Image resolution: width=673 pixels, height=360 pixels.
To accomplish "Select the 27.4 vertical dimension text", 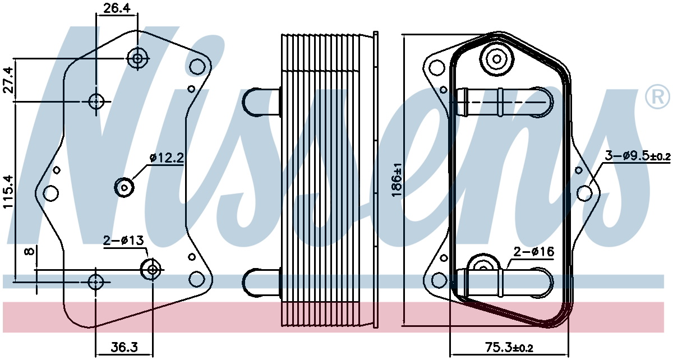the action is click(x=9, y=80).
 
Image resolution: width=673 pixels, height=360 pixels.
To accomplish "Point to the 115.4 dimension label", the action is click(x=9, y=192).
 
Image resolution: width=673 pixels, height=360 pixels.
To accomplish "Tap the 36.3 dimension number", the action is click(x=125, y=347).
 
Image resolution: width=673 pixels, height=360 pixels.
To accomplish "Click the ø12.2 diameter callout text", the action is click(x=167, y=158).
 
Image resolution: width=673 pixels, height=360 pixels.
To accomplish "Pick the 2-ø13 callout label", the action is click(x=124, y=241).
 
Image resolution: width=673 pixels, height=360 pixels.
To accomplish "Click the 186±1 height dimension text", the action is click(x=397, y=180).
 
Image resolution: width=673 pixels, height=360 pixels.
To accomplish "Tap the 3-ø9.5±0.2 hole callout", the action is click(x=638, y=156).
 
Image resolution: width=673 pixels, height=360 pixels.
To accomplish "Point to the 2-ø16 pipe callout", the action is click(x=533, y=252).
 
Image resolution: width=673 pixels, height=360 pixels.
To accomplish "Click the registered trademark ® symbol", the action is click(x=657, y=96).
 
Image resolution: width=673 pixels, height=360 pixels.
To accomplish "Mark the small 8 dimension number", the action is click(x=30, y=251).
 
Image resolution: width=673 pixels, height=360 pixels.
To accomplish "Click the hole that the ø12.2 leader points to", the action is click(x=124, y=187).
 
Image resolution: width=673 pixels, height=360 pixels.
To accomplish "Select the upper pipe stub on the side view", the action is click(x=261, y=102).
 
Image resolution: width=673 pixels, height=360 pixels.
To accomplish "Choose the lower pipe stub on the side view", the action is click(x=261, y=283).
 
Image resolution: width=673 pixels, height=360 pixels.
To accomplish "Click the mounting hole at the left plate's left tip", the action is click(x=51, y=193).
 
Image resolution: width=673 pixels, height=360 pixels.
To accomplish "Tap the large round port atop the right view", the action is click(x=497, y=59).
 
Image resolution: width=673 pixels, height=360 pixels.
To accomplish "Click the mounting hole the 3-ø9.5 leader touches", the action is click(x=584, y=193).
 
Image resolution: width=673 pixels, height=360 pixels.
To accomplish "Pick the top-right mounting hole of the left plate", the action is click(x=197, y=67).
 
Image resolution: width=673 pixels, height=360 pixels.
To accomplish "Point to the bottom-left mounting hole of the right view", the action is click(x=439, y=280).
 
